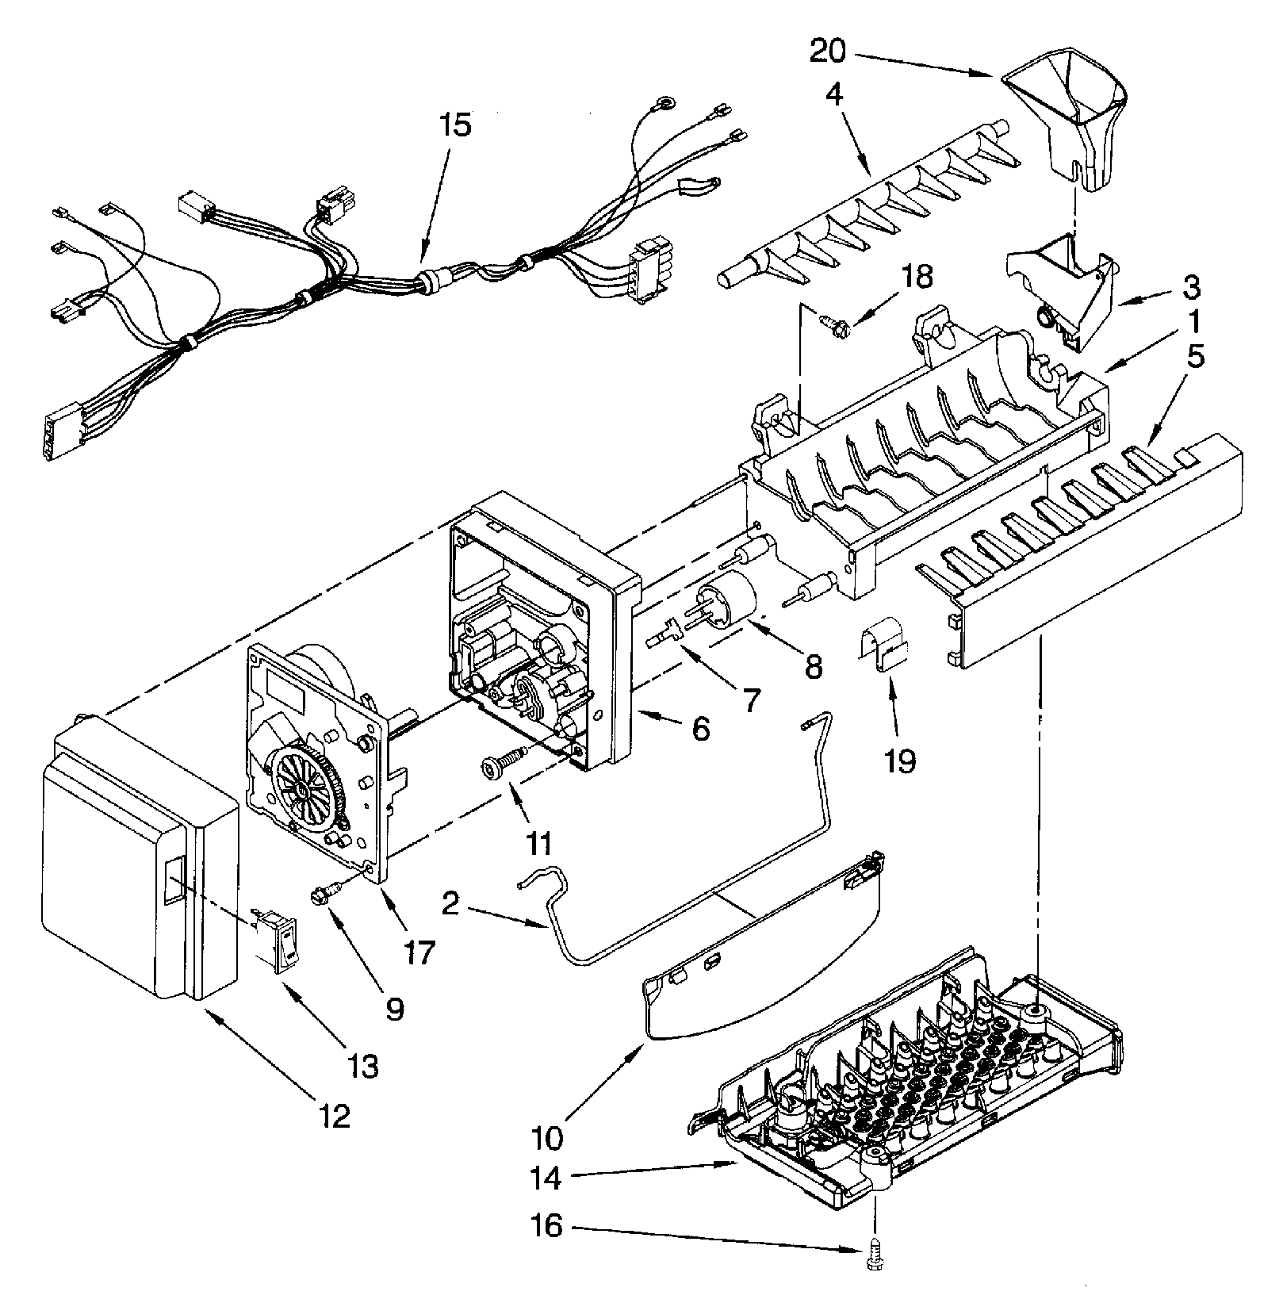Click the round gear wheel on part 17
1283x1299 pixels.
pyautogui.click(x=304, y=787)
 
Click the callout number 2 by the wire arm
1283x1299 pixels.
pyautogui.click(x=450, y=904)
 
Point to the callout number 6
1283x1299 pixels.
pyautogui.click(x=700, y=728)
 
